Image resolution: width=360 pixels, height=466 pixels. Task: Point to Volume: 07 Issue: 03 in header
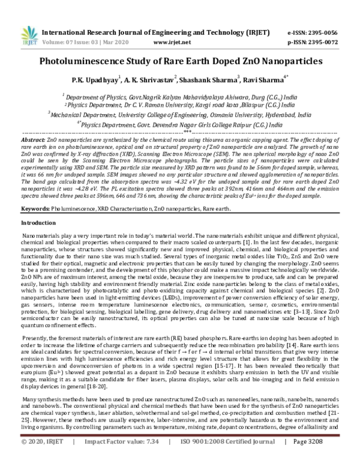click(67, 26)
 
